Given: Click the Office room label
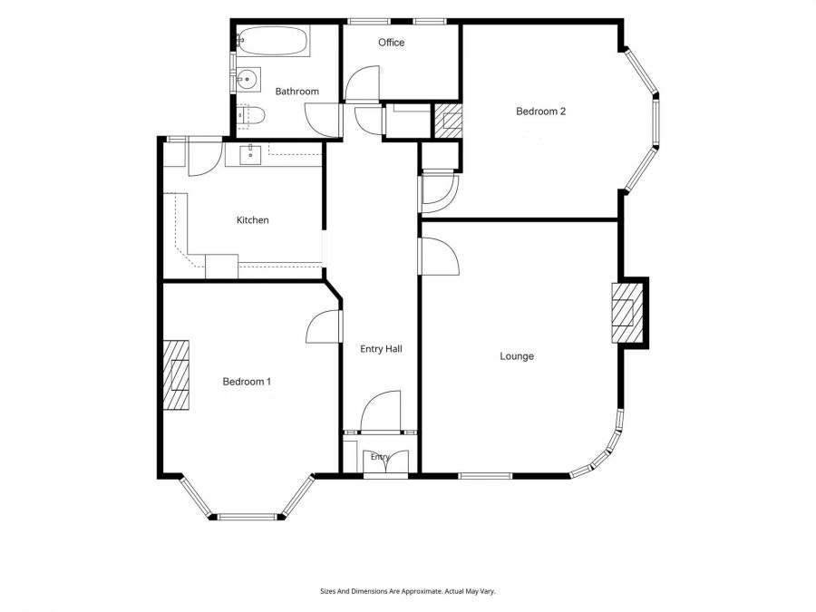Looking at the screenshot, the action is coord(392,43).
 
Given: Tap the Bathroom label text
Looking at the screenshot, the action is coord(296,92).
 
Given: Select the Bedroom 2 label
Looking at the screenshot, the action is coord(540,111).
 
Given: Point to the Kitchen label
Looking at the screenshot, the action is coord(252,220).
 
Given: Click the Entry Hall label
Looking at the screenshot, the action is coord(381,349).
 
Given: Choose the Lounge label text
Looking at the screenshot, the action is coord(517,356).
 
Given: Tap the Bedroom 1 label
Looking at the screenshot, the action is coord(247,382).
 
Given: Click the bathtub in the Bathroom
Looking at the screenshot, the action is coord(274,41).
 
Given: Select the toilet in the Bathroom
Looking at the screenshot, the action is coord(251,115).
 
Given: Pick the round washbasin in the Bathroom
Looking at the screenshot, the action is coord(248,80).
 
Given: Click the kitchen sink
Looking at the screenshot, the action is coord(250,154).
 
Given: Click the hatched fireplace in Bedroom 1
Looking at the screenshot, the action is coord(176,374).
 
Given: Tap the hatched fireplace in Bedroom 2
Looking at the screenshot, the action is coord(448,121).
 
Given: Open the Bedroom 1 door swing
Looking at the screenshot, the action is coord(324,326).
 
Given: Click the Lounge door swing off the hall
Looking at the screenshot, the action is coord(441,256).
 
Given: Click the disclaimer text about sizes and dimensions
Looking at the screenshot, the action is coord(407,591).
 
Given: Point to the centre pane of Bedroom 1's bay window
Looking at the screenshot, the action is coord(247,517).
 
